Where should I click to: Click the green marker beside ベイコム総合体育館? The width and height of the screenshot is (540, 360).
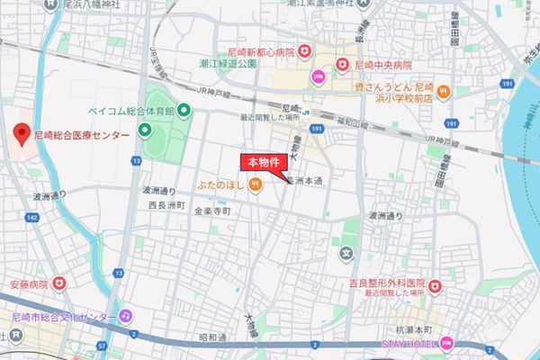[x=184, y=111]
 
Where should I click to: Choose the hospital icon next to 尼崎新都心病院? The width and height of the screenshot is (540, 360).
[x=305, y=51]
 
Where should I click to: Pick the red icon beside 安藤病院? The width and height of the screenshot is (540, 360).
[x=59, y=283]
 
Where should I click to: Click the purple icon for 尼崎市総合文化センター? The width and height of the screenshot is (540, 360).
[x=127, y=317]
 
